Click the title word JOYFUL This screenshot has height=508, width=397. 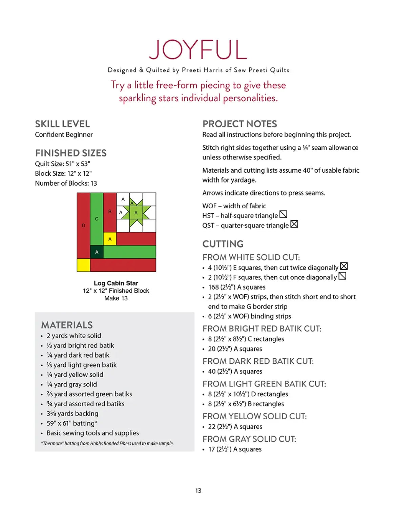click(x=198, y=50)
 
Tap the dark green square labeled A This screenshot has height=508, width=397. click(x=97, y=252)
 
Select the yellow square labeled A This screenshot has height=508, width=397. click(x=110, y=239)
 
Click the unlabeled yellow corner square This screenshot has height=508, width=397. click(x=83, y=265)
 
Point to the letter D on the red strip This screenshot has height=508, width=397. click(x=83, y=226)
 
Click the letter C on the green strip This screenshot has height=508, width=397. click(x=97, y=219)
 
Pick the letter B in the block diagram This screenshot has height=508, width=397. click(x=110, y=211)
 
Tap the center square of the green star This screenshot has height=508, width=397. click(x=136, y=213)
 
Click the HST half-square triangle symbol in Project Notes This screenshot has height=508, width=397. click(x=283, y=214)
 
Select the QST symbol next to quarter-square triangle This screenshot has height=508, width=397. click(x=294, y=224)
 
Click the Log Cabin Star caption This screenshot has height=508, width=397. click(x=116, y=283)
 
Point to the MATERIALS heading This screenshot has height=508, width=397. click(x=67, y=325)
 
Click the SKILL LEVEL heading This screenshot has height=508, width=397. click(x=62, y=124)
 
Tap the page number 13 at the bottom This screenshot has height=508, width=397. click(x=198, y=490)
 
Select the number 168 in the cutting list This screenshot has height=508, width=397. click(x=213, y=287)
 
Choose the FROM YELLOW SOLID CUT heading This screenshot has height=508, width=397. click(x=254, y=416)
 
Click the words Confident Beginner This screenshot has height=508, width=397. click(x=64, y=134)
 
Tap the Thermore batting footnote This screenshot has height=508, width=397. click(x=107, y=443)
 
